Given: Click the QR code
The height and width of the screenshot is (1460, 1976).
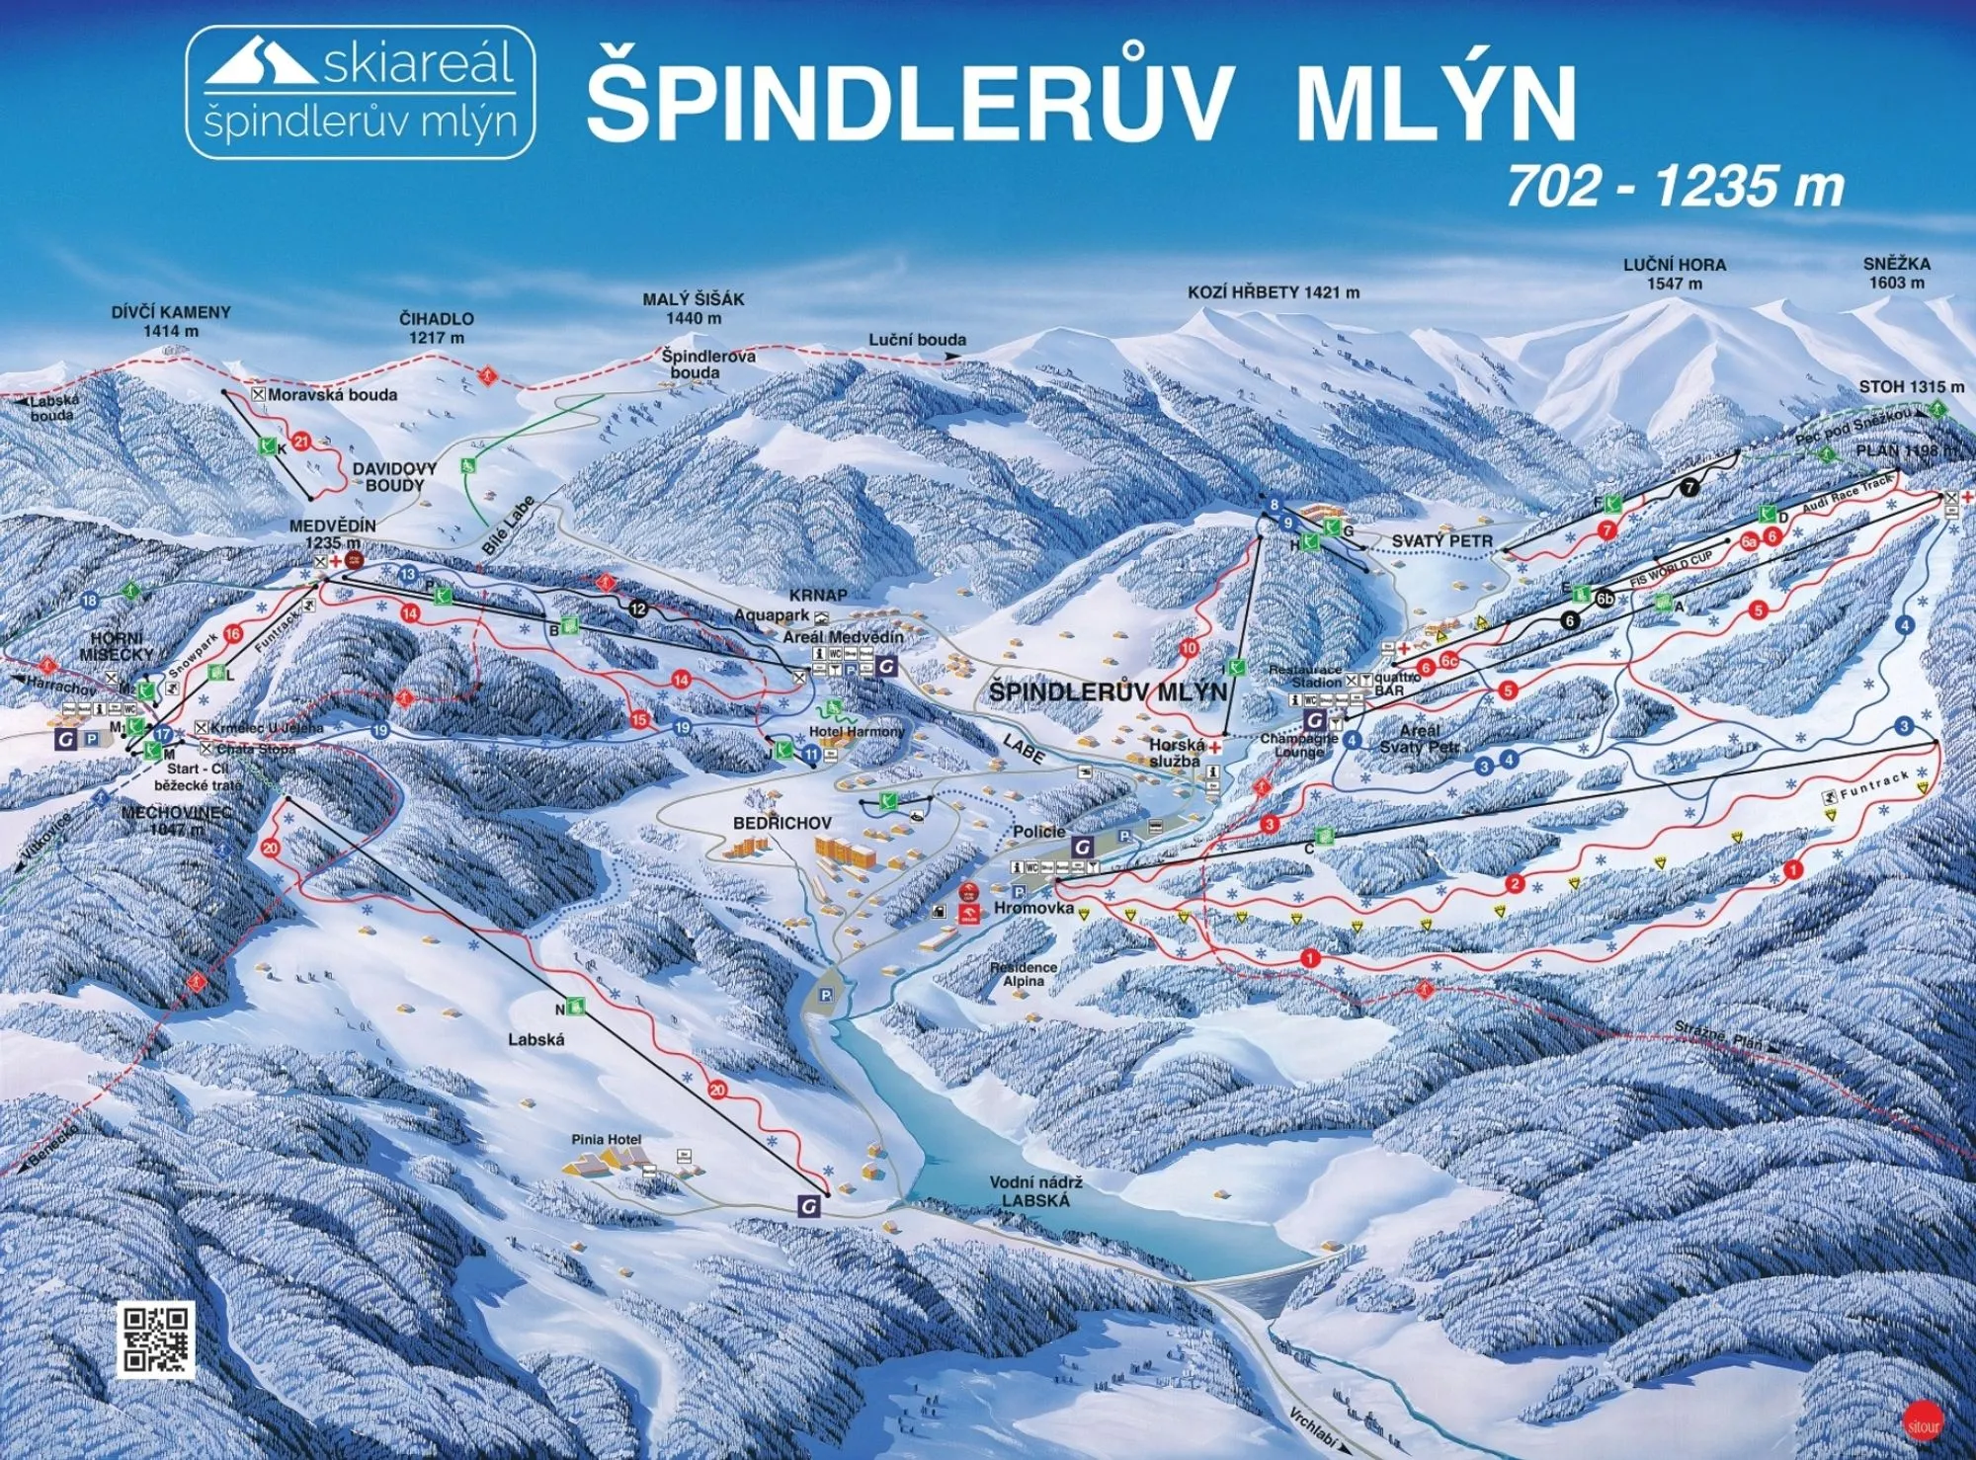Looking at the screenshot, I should pyautogui.click(x=156, y=1338).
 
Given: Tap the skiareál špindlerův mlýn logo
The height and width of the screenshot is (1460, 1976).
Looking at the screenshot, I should pyautogui.click(x=361, y=93).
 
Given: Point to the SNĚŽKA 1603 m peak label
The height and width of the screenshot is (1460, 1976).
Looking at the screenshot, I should pyautogui.click(x=1897, y=273).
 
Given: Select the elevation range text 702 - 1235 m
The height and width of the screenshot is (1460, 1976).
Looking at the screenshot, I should pyautogui.click(x=1675, y=186).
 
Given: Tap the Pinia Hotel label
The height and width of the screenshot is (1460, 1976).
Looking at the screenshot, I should pyautogui.click(x=607, y=1139).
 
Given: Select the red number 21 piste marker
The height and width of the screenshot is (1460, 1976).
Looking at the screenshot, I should pyautogui.click(x=302, y=442).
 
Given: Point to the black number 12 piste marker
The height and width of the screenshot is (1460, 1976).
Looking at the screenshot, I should pyautogui.click(x=639, y=608).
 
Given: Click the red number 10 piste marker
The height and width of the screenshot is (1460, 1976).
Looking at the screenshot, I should pyautogui.click(x=1189, y=648).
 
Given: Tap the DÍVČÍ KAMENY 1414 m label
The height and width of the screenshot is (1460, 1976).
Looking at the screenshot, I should pyautogui.click(x=171, y=321).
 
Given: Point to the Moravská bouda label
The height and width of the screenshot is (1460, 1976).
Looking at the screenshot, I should pyautogui.click(x=331, y=394).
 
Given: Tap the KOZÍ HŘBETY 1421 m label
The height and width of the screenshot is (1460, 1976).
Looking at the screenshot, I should pyautogui.click(x=1273, y=292).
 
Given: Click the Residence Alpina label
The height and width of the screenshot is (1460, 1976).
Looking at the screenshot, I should pyautogui.click(x=1024, y=974).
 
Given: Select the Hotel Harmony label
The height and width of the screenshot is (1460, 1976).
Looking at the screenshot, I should pyautogui.click(x=856, y=731).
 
